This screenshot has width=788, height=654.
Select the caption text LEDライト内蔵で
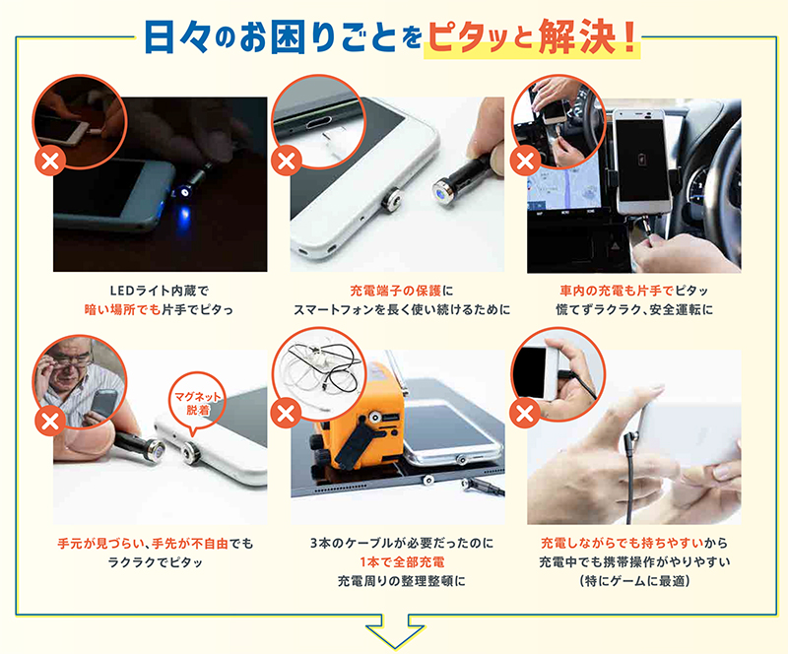click(160, 291)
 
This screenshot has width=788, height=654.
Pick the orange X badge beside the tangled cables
click(287, 411)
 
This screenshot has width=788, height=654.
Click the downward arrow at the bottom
click(393, 629)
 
